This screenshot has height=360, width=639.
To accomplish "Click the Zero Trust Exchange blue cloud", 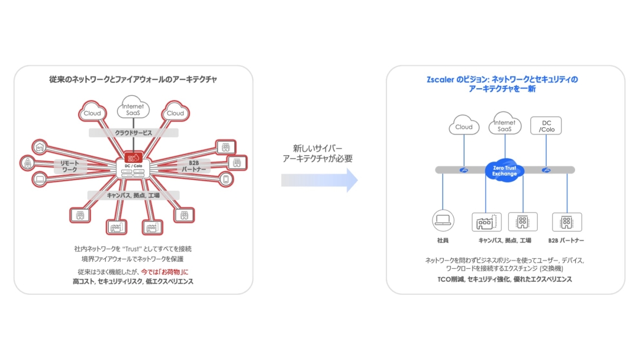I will point(505,170).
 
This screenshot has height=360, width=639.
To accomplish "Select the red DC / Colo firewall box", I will point(133,162).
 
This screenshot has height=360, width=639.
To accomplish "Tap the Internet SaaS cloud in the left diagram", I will point(133,108).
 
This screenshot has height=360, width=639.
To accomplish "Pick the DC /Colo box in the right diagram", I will point(546,126).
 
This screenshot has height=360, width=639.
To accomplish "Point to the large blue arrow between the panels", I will point(319,180).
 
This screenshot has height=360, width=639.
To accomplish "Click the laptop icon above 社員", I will point(443,221).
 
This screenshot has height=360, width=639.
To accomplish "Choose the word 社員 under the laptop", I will point(443,240).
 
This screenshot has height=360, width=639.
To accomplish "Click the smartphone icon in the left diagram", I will point(226,178).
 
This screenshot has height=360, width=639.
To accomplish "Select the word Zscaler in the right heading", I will point(440,79).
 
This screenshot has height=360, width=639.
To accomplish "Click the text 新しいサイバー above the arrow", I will point(317,148).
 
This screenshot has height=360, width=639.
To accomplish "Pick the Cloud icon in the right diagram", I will point(464,126).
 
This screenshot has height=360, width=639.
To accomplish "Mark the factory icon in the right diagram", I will point(486,222).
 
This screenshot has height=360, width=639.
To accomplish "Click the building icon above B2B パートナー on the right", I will point(567,222).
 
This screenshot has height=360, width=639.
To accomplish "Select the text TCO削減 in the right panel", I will point(448,279).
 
